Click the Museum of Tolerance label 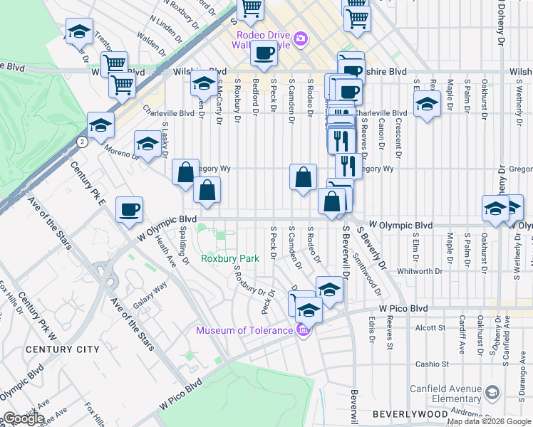pos(244,330)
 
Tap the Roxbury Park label pos(229,259)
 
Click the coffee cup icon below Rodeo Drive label pos(264,53)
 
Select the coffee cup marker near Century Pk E pos(130,209)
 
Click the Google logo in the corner pos(24,418)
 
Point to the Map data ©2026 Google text pos(489,421)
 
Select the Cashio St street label pos(432,364)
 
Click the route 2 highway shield pos(83,142)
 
